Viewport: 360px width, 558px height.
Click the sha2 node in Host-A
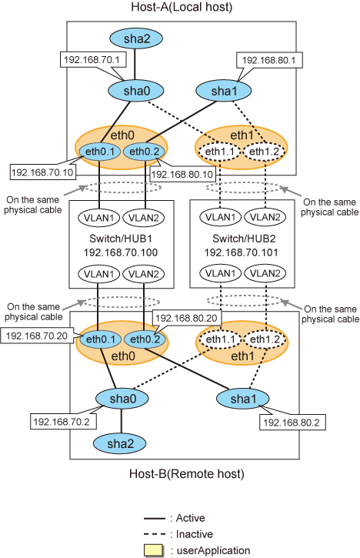136,38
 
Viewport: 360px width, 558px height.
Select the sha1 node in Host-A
223,91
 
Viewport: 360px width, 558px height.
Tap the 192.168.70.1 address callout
93,59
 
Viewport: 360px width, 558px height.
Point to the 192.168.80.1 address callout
269,60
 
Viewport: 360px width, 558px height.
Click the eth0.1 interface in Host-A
100,152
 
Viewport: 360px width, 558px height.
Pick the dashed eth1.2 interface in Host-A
264,152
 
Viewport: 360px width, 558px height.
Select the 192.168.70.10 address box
42,172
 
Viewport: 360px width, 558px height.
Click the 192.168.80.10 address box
182,175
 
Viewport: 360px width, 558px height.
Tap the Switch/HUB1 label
121,238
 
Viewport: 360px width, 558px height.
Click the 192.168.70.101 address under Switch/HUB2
241,252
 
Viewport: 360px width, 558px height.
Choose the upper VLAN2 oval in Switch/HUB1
144,218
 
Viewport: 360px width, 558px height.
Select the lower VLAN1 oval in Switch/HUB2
221,273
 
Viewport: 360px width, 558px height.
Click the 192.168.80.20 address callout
186,318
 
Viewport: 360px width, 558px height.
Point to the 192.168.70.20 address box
37,336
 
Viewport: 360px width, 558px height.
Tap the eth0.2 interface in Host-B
145,339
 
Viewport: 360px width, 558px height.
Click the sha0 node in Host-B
123,399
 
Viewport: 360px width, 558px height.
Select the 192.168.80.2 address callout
292,423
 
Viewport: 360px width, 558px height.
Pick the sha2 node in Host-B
120,444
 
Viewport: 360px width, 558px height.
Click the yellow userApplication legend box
154,550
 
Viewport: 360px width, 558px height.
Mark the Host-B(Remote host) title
187,474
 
